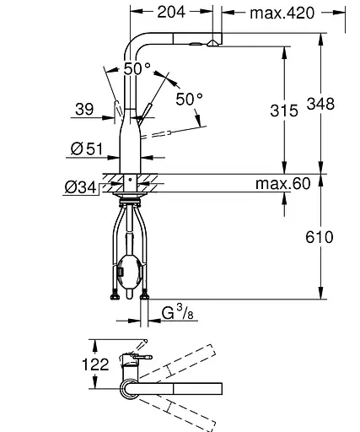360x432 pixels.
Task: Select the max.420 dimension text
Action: coord(281,13)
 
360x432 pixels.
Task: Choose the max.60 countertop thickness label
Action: coord(283,183)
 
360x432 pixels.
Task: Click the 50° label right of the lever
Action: coord(189,100)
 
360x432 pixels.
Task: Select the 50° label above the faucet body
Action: coord(137,69)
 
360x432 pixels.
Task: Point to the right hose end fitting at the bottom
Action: coord(147,294)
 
